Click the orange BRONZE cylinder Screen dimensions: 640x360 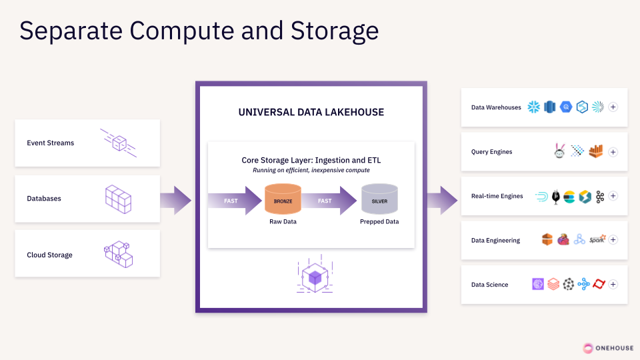283,199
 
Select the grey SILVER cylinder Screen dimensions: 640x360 379,199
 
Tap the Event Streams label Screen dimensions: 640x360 51,143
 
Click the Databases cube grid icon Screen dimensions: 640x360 119,199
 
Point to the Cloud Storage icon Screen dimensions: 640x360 119,254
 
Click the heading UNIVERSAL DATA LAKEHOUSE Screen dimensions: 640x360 311,112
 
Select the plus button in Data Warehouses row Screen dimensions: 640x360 613,107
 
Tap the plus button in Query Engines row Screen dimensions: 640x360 613,152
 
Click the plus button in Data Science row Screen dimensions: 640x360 613,284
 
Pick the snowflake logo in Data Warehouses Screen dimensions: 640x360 533,107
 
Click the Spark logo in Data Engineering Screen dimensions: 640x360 597,239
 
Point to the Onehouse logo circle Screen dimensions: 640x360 588,348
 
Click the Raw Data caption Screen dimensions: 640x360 283,221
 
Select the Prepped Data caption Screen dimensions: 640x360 379,221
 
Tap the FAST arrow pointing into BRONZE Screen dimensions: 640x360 235,201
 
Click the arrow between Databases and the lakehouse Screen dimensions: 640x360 175,201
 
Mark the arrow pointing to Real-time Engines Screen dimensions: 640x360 443,201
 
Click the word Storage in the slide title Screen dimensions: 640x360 334,31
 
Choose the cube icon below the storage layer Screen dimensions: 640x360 315,274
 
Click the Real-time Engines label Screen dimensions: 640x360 497,196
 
